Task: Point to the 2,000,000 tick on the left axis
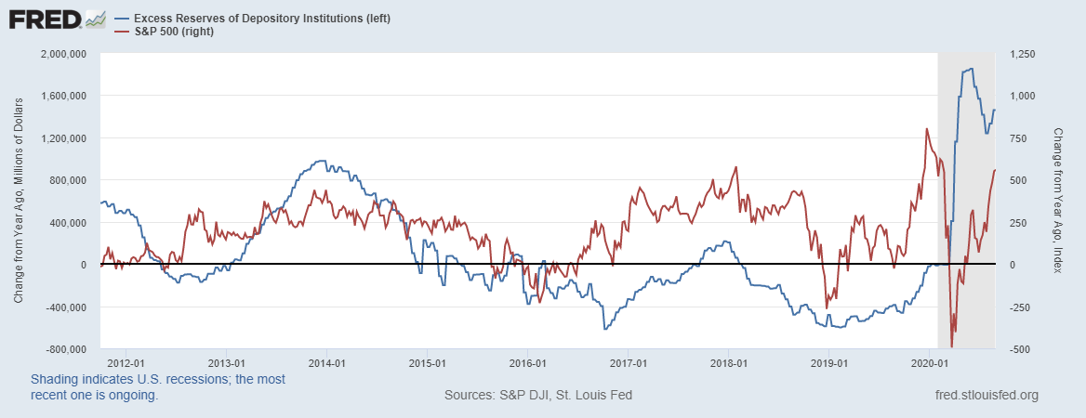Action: click(x=61, y=54)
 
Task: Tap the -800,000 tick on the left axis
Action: click(x=64, y=349)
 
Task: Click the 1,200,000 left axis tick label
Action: click(x=61, y=138)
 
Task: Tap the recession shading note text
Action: click(x=158, y=387)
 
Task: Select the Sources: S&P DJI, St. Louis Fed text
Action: click(x=538, y=395)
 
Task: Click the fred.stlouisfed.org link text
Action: click(x=986, y=395)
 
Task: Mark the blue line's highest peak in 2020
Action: click(x=972, y=69)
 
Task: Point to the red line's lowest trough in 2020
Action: click(x=952, y=346)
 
